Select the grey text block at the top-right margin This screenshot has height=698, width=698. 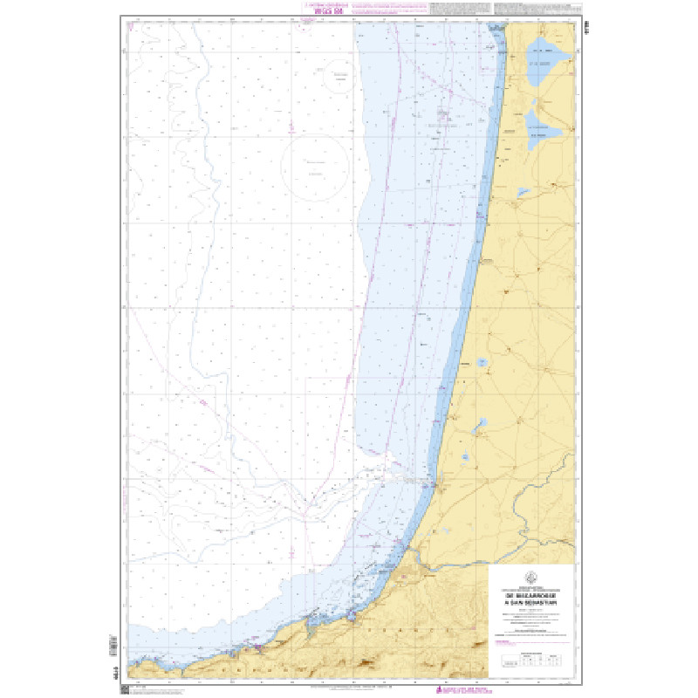coord(532,9)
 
